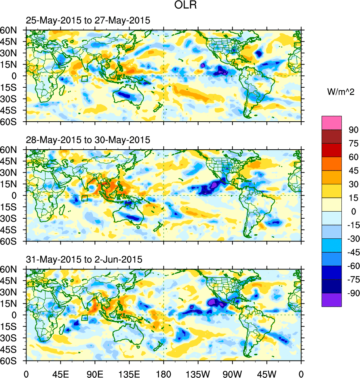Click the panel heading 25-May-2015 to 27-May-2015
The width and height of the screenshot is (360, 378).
click(88, 21)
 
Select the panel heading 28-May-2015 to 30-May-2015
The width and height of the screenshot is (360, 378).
click(88, 140)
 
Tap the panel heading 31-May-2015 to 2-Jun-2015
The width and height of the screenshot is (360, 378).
click(84, 259)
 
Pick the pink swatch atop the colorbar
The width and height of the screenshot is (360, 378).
click(331, 122)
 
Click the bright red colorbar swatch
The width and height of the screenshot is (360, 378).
click(331, 150)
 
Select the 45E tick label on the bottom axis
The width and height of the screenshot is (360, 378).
click(60, 373)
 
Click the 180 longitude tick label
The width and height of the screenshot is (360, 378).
click(164, 373)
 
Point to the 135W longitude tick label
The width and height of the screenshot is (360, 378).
click(198, 373)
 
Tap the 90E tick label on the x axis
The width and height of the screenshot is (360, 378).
click(95, 373)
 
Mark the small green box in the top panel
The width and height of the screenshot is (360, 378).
click(84, 79)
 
